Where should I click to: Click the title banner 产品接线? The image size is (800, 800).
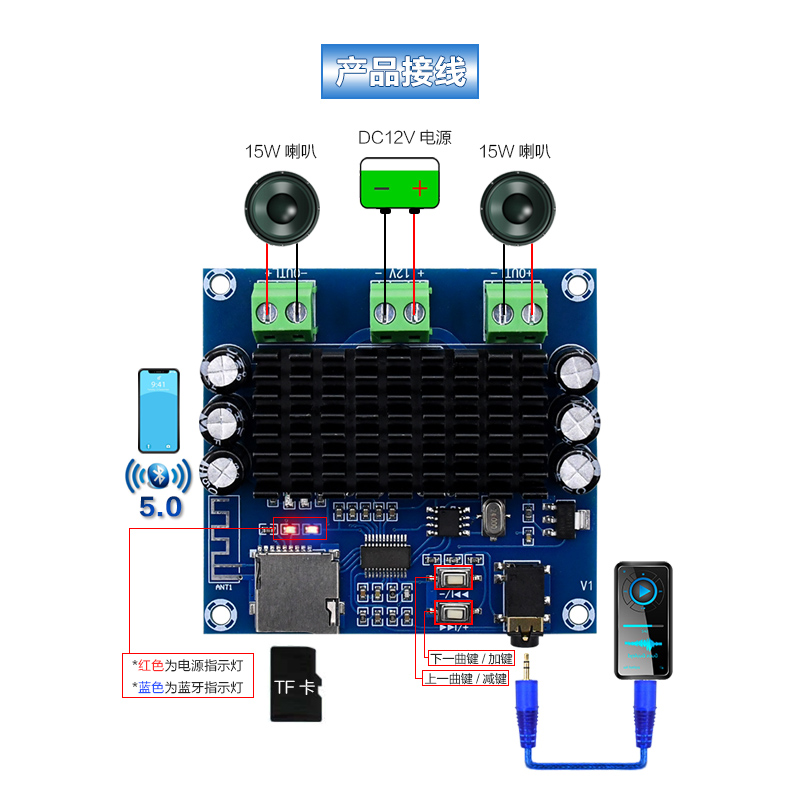click(400, 72)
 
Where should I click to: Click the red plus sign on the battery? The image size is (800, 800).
click(420, 187)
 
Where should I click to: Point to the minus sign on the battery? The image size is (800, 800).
click(381, 187)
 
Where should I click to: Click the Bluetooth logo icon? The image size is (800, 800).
click(157, 473)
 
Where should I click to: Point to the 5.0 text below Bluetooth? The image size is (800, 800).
click(160, 506)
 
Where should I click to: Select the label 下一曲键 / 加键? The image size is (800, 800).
click(470, 659)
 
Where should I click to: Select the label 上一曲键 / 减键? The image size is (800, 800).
click(466, 678)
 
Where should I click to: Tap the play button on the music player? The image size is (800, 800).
click(645, 591)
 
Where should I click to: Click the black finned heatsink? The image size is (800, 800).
click(400, 420)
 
